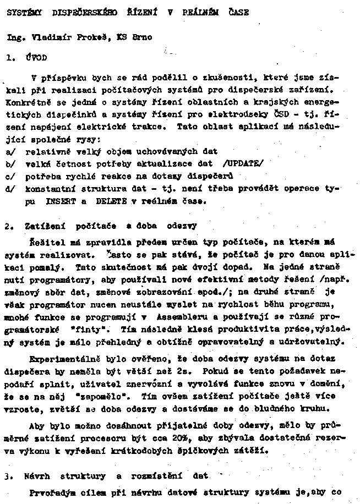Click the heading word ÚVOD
(36, 57)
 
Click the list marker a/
(10, 150)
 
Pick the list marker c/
(10, 176)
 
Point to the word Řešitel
(44, 242)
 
